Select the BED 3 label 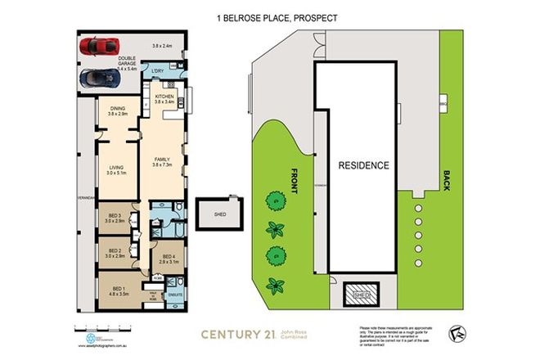tap(113, 217)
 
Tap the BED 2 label tap(113, 253)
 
